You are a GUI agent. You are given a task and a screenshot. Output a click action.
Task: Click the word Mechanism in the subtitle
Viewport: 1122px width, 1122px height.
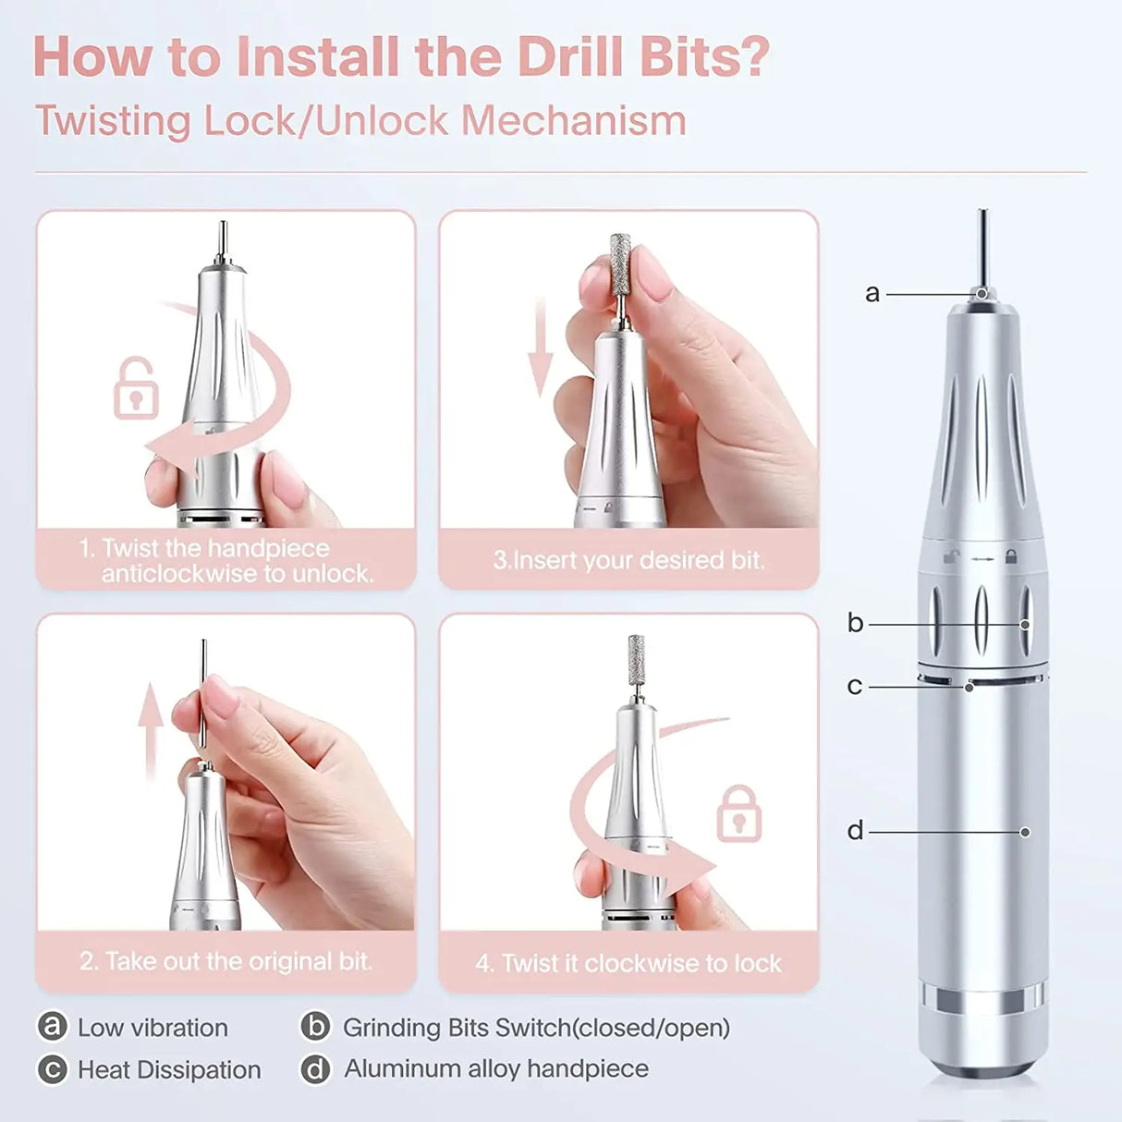coord(573,121)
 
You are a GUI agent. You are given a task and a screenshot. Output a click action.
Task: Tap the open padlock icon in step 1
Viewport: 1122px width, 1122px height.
coord(136,388)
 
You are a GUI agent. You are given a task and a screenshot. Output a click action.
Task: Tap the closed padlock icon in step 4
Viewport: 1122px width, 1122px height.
coord(738,814)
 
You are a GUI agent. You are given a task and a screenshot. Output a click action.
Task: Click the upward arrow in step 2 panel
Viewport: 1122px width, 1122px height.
coord(151,730)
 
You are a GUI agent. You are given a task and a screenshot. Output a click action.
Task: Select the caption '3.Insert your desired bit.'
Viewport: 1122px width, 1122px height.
coord(628,560)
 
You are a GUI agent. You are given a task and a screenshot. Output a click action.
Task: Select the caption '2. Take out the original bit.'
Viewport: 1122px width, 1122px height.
coord(226,961)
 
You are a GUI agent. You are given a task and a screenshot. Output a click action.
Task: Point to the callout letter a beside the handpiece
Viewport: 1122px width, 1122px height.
coord(872,294)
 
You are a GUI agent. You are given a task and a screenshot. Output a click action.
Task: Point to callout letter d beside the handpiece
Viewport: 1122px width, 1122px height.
coord(855,831)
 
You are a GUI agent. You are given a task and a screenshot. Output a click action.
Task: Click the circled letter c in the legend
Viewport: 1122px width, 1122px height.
coord(52,1069)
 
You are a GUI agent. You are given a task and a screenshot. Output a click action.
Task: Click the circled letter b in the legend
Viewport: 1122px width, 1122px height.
coord(316,1027)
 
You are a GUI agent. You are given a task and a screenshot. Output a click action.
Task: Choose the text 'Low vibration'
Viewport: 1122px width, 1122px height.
coord(152,1028)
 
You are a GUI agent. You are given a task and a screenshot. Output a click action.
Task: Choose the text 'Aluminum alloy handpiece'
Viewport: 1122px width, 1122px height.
coord(496,1068)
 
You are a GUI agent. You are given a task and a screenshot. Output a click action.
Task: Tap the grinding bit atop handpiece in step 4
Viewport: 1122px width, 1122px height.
coord(636,660)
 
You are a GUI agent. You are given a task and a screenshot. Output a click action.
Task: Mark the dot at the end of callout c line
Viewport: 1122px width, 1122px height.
coord(969,688)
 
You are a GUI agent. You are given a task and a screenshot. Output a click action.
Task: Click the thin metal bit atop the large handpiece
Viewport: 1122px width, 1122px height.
coord(982,245)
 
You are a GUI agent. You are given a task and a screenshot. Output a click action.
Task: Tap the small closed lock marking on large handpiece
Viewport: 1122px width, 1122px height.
coord(1011,556)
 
